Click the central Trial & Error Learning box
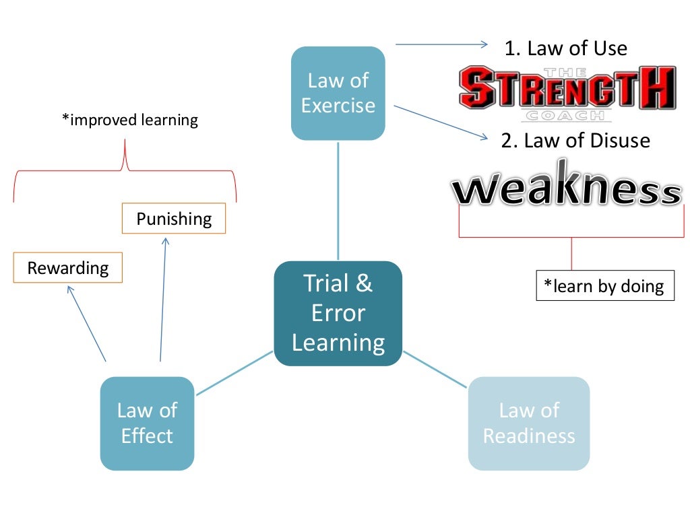pyautogui.click(x=338, y=313)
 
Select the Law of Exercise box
pyautogui.click(x=338, y=93)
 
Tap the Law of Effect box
pyautogui.click(x=147, y=423)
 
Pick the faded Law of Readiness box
pyautogui.click(x=528, y=423)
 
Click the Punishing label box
pyautogui.click(x=173, y=219)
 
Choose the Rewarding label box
pyautogui.click(x=67, y=268)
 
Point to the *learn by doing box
pyautogui.click(x=604, y=285)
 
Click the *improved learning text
pyautogui.click(x=130, y=120)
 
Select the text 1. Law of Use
pyautogui.click(x=566, y=48)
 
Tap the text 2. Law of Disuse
pyautogui.click(x=575, y=140)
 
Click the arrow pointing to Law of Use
pyautogui.click(x=441, y=44)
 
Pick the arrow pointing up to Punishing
pyautogui.click(x=163, y=296)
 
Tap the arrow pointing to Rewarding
pyautogui.click(x=87, y=323)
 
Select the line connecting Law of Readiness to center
pyautogui.click(x=435, y=369)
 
